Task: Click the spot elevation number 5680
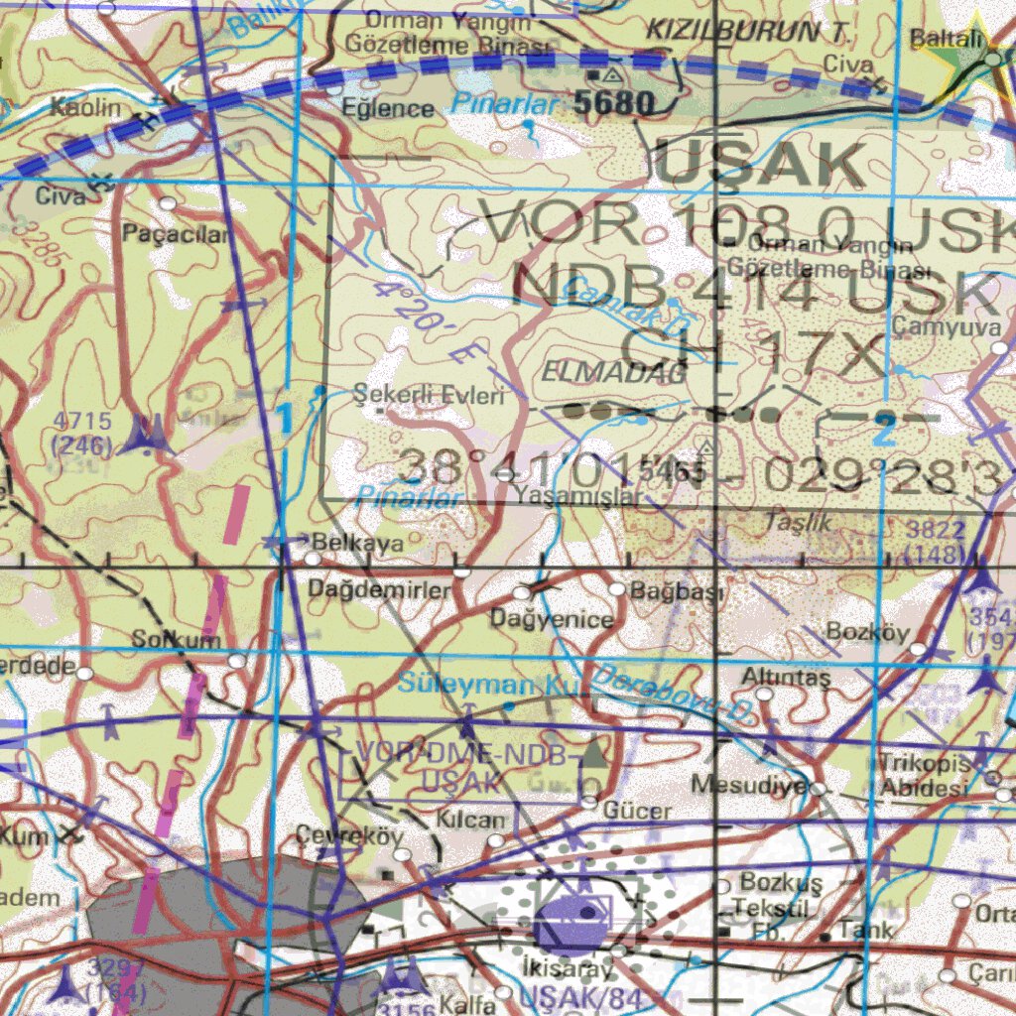(x=613, y=102)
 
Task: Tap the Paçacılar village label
(x=177, y=234)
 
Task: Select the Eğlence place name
(x=388, y=108)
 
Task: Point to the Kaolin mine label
(x=86, y=107)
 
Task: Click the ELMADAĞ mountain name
(x=614, y=372)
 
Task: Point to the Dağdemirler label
(x=380, y=589)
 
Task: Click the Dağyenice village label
(x=553, y=620)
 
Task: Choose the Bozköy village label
(x=867, y=632)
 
